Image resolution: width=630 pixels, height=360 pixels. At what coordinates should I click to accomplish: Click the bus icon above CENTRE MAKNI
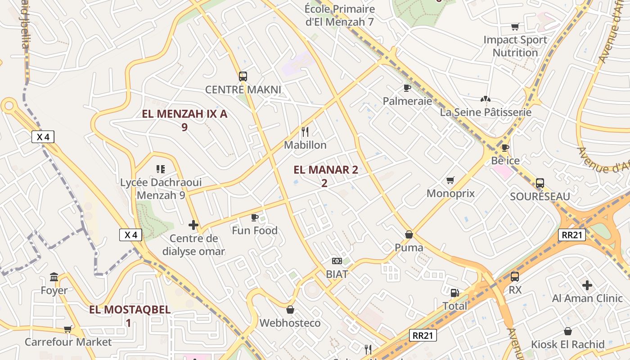pos(243,76)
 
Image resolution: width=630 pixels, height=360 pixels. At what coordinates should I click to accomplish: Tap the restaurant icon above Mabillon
pos(305,131)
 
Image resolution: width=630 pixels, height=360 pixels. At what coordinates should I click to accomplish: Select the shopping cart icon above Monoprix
pos(450,180)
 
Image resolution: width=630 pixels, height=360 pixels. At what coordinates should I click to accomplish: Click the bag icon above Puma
pos(409,234)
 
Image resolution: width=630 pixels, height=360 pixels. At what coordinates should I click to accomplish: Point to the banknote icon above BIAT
pos(337,261)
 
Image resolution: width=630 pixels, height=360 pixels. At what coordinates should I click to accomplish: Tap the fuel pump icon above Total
pos(455,293)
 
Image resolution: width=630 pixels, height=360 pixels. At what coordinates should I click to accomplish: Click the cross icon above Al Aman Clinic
pos(587,285)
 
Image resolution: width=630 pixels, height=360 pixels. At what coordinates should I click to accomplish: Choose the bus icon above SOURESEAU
pos(540,183)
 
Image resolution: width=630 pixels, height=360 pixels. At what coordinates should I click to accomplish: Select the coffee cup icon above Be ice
pos(505,148)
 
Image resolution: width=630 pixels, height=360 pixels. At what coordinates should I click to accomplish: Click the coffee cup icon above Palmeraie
pos(407,88)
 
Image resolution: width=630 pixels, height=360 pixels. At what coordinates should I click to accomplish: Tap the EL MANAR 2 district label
pos(326,170)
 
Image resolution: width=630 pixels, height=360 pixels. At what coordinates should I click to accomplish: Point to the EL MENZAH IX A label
pos(184,114)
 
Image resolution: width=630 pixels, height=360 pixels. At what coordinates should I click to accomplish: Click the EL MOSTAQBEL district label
pos(130,310)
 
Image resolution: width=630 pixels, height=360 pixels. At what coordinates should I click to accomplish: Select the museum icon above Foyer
pos(54,277)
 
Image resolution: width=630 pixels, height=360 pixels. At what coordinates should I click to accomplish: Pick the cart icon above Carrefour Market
pos(68,329)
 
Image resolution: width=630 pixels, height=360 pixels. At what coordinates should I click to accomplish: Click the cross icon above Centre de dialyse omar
pos(193,225)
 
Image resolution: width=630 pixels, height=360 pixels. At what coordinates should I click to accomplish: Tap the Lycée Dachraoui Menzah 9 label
pos(161,189)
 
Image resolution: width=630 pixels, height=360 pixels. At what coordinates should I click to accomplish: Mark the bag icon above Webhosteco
pos(290,310)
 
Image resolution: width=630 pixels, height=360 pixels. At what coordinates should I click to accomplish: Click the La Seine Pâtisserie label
pos(486,112)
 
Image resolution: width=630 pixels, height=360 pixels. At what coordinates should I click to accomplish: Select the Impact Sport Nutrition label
pos(515,46)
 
